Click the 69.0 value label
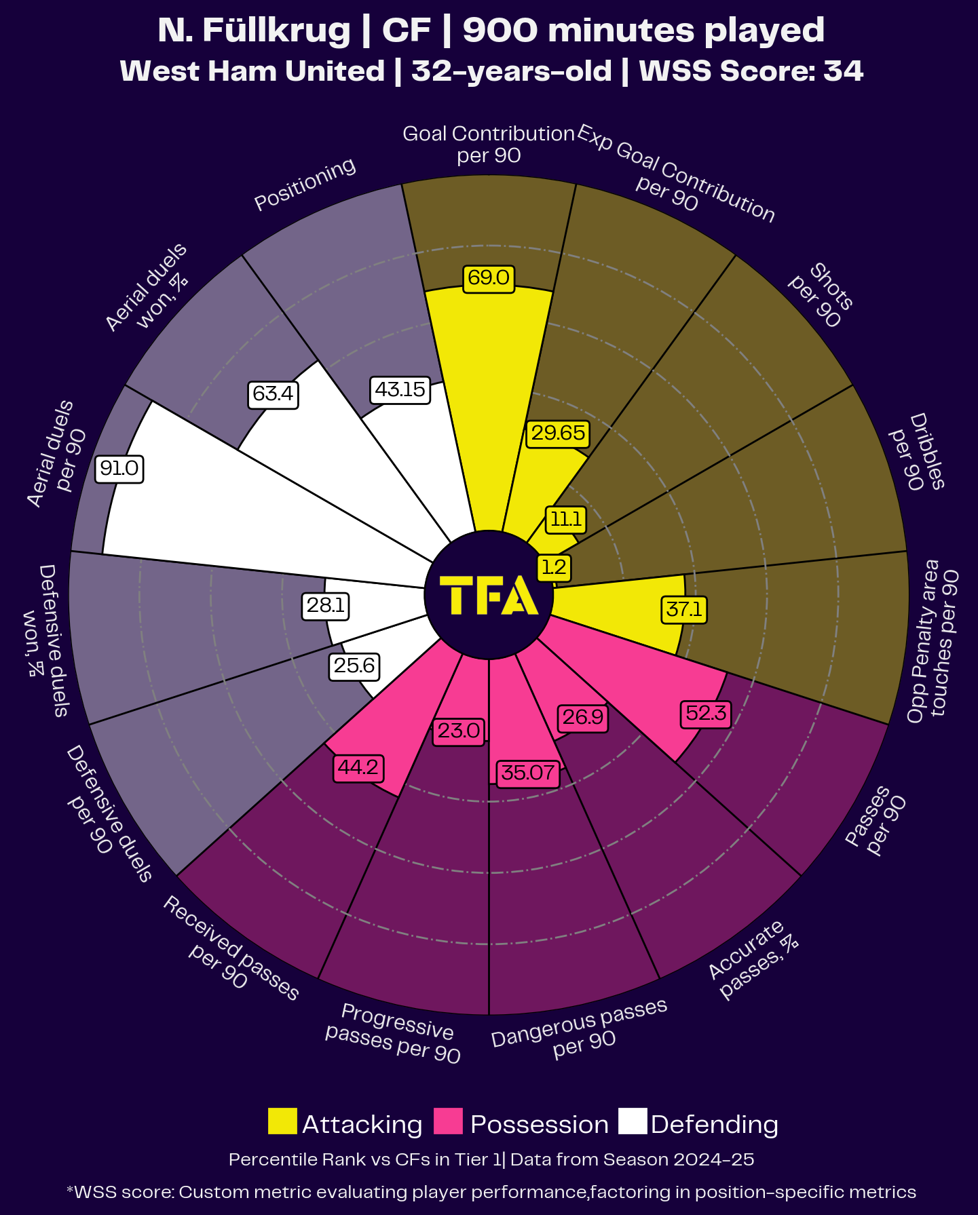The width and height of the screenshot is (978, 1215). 489,278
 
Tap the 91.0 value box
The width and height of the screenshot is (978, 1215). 119,469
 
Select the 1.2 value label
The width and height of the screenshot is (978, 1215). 554,567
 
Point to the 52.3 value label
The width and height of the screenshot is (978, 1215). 706,714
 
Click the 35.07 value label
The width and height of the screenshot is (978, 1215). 528,773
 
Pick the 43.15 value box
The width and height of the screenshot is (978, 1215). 400,390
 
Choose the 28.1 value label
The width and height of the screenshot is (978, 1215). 326,605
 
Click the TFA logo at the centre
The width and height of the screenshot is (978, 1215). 489,595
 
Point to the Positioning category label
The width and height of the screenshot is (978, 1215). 305,184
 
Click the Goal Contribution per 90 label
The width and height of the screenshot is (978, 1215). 489,144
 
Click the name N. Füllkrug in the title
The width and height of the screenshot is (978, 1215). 253,31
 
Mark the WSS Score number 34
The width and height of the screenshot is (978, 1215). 844,71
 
